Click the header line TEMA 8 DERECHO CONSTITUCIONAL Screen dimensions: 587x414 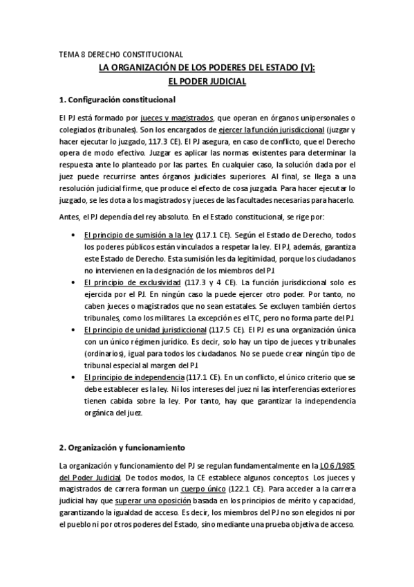tap(121, 53)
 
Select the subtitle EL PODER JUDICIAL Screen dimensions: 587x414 tap(207, 81)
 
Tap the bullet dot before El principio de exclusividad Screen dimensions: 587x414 tap(74, 284)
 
